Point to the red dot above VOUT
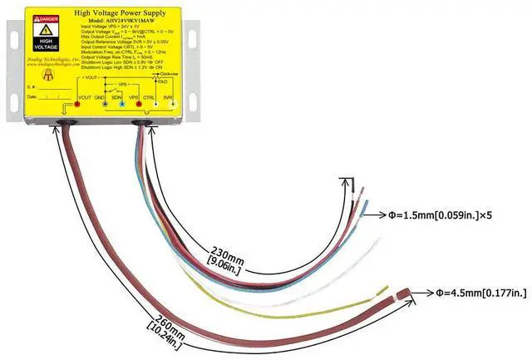(x=76, y=106)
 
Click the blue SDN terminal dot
(x=121, y=106)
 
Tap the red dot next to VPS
(x=136, y=106)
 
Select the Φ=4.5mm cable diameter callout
(x=482, y=292)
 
